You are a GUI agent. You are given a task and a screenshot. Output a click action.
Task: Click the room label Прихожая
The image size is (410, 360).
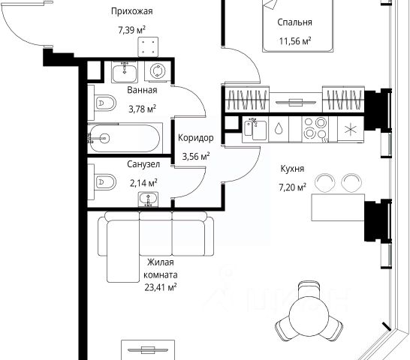[132, 11]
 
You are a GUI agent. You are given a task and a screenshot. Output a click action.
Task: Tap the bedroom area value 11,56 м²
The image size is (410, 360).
[295, 41]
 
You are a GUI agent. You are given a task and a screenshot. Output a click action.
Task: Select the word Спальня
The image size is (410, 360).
[294, 22]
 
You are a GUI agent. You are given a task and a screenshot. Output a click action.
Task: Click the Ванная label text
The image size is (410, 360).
[142, 90]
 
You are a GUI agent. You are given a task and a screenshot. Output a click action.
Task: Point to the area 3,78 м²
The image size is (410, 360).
[142, 109]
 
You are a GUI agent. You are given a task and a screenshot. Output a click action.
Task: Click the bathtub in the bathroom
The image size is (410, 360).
[124, 139]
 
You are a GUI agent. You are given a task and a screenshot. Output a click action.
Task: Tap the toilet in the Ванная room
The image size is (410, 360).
[104, 103]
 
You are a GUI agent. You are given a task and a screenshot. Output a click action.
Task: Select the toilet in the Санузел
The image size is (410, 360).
[104, 181]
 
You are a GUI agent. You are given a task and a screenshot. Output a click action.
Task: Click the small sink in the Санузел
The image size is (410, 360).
[148, 199]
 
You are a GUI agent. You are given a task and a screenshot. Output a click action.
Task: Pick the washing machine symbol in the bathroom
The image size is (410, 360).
[158, 71]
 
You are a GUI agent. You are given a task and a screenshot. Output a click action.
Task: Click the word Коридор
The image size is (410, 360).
[195, 138]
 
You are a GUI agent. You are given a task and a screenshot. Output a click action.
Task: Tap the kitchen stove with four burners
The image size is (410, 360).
[315, 130]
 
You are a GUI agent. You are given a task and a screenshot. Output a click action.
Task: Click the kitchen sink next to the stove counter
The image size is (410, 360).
[255, 129]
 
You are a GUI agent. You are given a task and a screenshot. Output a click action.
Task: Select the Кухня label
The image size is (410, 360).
[292, 169]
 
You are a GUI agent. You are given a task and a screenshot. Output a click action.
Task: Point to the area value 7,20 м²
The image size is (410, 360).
[292, 187]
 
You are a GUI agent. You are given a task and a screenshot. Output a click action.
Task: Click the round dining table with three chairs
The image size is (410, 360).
[309, 312]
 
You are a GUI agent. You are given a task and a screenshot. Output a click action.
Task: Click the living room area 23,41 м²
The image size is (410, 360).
[161, 287]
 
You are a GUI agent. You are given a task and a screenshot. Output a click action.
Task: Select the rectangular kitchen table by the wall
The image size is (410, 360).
[338, 208]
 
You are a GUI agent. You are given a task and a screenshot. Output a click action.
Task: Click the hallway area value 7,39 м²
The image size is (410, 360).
[132, 30]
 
